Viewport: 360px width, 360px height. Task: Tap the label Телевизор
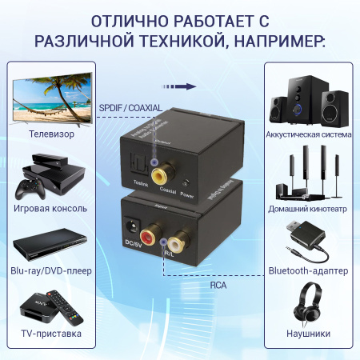(51, 134)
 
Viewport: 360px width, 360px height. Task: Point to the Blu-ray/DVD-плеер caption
(51, 270)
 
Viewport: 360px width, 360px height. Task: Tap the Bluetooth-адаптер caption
(308, 270)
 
